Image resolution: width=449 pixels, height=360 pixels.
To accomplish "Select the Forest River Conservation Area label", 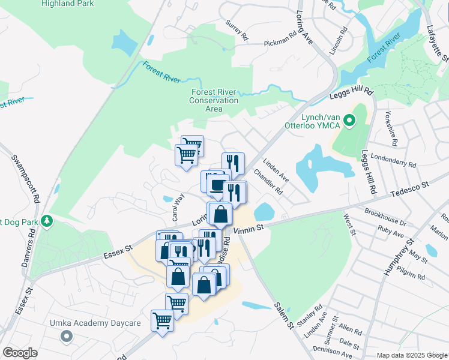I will pos(214,100).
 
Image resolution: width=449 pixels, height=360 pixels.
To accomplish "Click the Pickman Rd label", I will pos(280,43).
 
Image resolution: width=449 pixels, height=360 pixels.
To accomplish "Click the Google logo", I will pos(20,353).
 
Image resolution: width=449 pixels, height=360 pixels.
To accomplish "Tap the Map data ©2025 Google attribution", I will pos(411,355).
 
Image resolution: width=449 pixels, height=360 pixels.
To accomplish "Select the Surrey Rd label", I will pos(237,30).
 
